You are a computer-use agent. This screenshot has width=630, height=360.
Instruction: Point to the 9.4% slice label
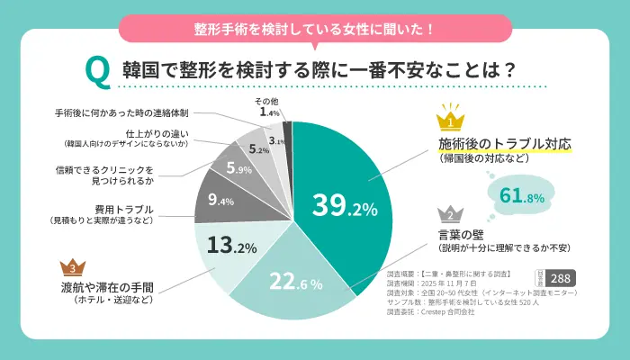[220, 200]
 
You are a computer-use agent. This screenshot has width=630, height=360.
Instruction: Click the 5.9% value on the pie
[239, 168]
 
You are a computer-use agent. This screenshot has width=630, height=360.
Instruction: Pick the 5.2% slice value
[259, 148]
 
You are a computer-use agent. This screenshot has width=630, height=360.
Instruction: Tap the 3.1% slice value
[278, 141]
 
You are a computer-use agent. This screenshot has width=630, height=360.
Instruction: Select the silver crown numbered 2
[450, 214]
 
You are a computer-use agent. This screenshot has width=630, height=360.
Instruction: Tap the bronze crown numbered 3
[72, 267]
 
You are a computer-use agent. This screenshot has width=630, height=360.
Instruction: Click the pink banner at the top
[314, 28]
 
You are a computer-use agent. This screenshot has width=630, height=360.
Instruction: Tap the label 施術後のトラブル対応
[505, 144]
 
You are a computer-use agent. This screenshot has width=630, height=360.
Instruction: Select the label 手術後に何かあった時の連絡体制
[121, 114]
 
